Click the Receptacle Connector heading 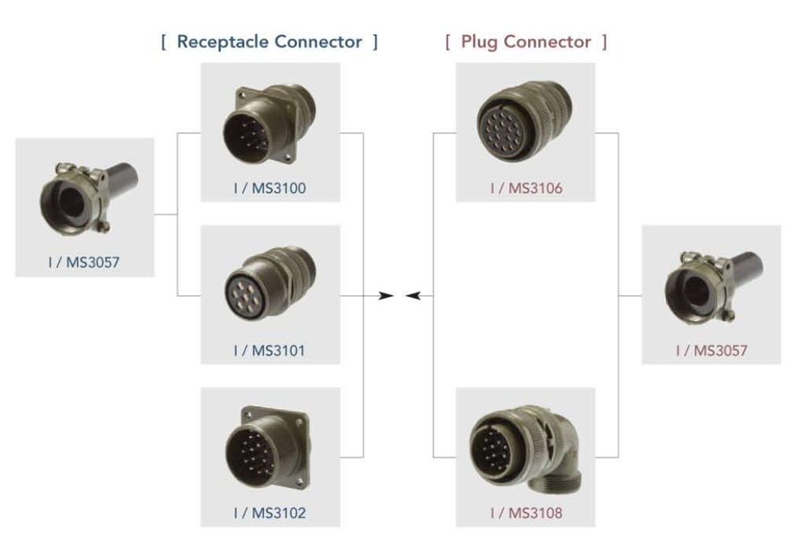click(x=269, y=42)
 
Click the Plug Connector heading click(x=526, y=42)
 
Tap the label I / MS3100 click(x=270, y=187)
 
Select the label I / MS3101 click(x=270, y=351)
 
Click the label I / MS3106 click(x=526, y=187)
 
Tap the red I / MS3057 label click(x=712, y=350)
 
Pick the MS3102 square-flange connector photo click(x=267, y=449)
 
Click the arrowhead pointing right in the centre click(x=387, y=296)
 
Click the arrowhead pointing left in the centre click(x=413, y=296)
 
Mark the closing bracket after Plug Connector click(x=604, y=42)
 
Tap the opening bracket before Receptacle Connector click(x=163, y=42)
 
